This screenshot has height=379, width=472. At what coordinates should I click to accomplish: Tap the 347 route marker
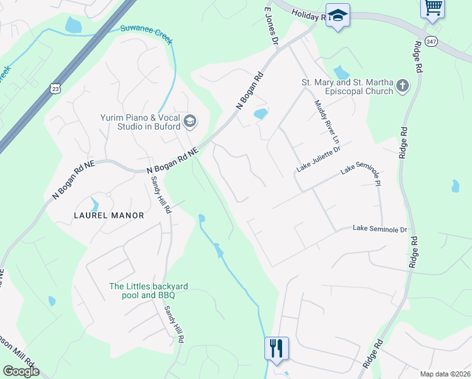[432, 41]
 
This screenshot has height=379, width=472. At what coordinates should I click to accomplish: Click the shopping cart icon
[433, 8]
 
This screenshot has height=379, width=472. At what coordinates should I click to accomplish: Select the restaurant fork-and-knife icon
[276, 347]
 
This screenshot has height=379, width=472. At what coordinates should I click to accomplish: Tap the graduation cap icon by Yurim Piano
[190, 120]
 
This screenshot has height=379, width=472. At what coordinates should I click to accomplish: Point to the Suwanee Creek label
[146, 35]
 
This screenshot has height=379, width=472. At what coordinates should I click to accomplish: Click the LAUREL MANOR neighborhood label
[109, 215]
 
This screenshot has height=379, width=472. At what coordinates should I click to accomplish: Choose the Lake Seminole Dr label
[380, 229]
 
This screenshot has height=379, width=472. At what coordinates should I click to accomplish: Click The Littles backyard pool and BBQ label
[148, 291]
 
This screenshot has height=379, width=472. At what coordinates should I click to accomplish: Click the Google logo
[21, 371]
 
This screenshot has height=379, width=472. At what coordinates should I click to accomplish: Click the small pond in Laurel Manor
[95, 204]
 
